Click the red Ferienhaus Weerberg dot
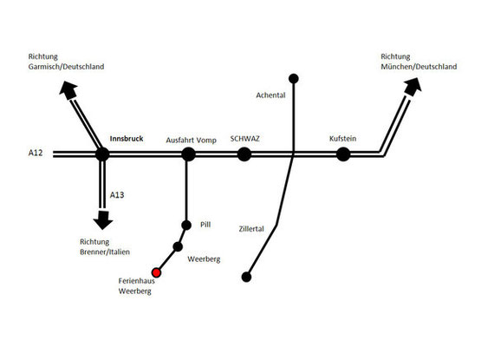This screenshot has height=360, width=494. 156,272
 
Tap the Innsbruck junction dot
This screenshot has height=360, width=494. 102,154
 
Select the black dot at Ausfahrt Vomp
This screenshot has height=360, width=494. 188,154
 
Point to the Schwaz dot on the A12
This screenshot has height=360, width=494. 244,154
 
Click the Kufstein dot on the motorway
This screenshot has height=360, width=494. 343,154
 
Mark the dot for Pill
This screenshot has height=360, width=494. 186,225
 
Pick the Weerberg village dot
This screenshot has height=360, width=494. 178,246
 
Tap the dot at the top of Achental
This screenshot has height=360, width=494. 294,78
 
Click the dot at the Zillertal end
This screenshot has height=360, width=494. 246,277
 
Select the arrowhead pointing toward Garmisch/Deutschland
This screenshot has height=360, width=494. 68,89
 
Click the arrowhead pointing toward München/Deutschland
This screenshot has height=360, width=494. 413,87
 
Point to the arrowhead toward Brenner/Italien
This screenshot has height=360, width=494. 103,220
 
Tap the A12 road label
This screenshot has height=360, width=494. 36,153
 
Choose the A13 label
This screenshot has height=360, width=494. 117,195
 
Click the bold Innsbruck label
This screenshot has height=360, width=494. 127,139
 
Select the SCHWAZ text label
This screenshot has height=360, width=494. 244,139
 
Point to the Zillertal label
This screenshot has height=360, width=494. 251,229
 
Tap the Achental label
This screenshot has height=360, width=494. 270,95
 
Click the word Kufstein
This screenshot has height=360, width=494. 343,139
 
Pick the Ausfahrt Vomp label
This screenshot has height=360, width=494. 192,141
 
